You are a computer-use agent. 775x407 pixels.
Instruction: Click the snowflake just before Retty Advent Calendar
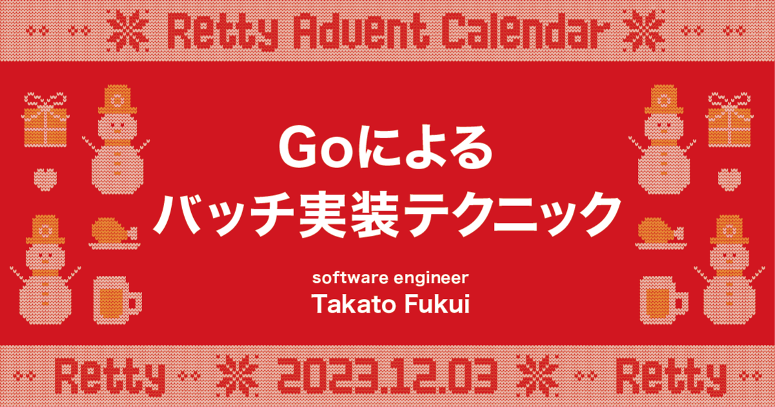click(x=128, y=31)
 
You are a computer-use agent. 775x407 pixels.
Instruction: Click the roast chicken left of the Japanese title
click(x=114, y=233)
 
